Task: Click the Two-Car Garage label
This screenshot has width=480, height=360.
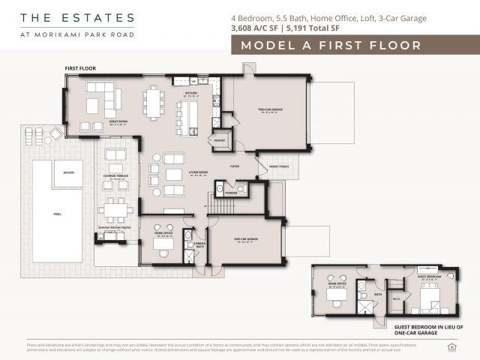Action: click(269, 109)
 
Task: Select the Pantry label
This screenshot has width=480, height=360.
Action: click(220, 139)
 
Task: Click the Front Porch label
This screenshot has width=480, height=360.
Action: click(279, 166)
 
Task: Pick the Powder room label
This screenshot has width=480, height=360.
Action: click(231, 192)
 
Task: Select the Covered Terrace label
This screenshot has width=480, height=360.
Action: click(116, 176)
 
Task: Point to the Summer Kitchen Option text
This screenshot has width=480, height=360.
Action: click(115, 227)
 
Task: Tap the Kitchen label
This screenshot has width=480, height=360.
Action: click(191, 94)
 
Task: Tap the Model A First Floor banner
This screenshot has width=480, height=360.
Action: click(330, 46)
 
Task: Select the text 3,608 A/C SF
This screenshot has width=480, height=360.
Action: click(254, 29)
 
